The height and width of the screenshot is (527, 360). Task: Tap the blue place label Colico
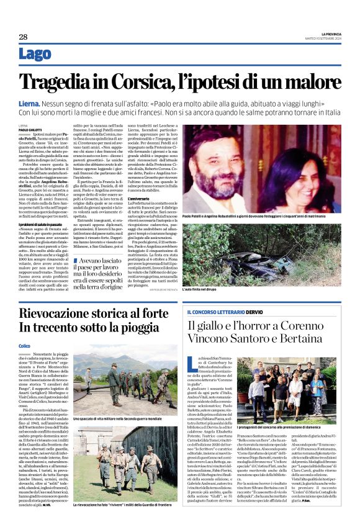point(25,345)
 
